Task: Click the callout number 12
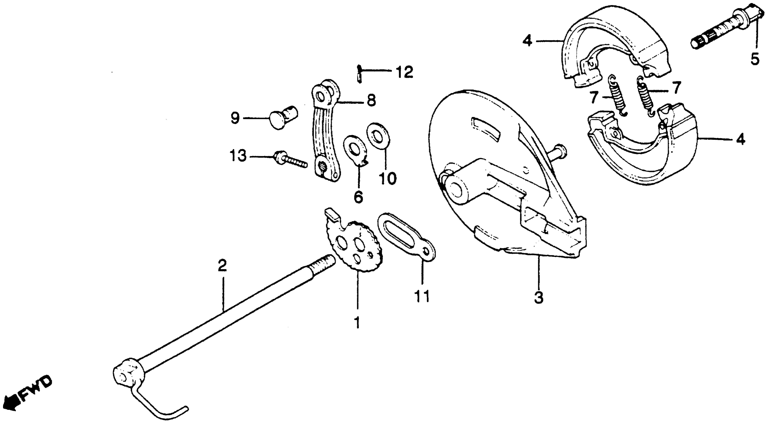click(x=404, y=73)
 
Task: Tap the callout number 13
click(x=238, y=156)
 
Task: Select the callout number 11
click(x=422, y=296)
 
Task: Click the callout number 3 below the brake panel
click(x=539, y=297)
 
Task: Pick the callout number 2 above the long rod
click(x=222, y=266)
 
